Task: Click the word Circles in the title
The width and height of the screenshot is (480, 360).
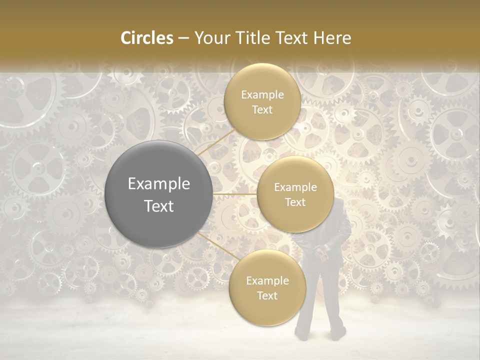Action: point(146,38)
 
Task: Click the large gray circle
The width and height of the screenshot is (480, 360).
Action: point(158,194)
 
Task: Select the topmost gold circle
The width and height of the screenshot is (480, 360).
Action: point(262,101)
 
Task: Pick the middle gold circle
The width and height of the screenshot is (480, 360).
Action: point(295,194)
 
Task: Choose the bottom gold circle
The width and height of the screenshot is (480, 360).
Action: point(267,287)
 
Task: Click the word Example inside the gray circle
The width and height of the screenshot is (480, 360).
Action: point(158,184)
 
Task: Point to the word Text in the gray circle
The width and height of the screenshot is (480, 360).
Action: point(158,206)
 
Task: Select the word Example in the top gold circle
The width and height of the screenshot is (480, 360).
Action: point(262,95)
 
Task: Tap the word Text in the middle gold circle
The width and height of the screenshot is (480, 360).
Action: point(295,202)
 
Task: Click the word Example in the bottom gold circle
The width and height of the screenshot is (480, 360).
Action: point(267,281)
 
